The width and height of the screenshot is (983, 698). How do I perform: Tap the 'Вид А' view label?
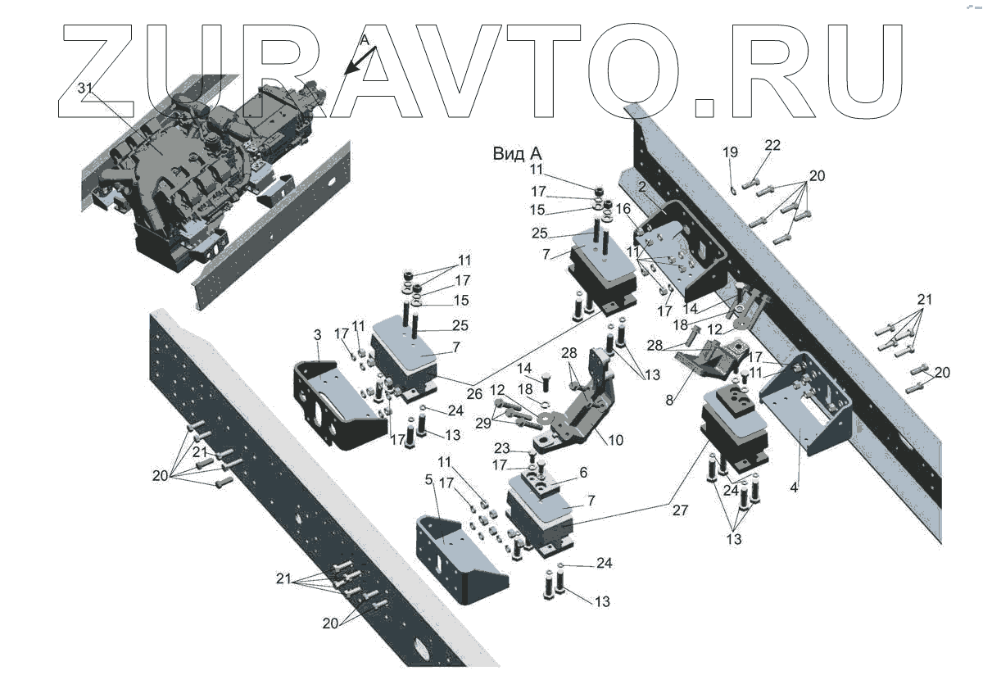pos(518,153)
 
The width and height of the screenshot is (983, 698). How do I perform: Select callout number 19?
pos(730,152)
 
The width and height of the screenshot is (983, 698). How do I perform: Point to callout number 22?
pos(772,146)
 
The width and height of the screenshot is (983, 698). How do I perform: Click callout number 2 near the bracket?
pos(643,188)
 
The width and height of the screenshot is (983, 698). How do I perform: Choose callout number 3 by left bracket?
pos(317,335)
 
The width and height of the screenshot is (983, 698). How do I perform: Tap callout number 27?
pos(680,510)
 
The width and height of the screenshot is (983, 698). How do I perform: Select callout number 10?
pos(615,440)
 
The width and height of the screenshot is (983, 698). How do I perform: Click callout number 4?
pos(794,487)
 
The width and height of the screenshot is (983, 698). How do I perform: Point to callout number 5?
pos(427,500)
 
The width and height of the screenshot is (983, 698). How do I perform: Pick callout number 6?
pos(583,473)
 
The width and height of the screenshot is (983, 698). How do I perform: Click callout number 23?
pos(503,448)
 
